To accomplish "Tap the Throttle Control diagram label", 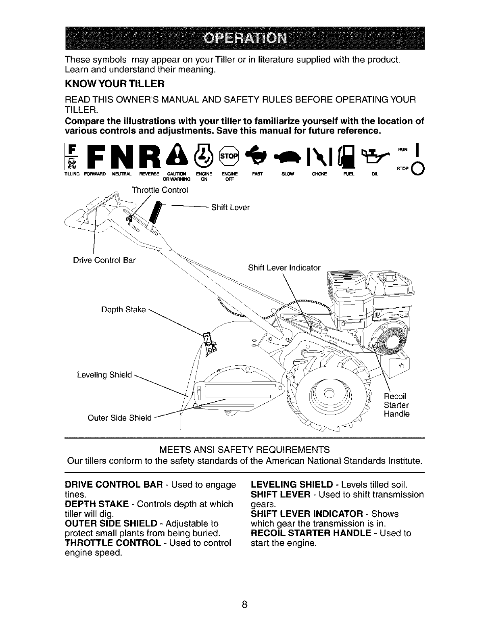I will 160,190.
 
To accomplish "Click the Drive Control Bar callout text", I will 104,260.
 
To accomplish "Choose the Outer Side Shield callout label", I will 119,417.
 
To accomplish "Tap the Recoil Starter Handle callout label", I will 396,405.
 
